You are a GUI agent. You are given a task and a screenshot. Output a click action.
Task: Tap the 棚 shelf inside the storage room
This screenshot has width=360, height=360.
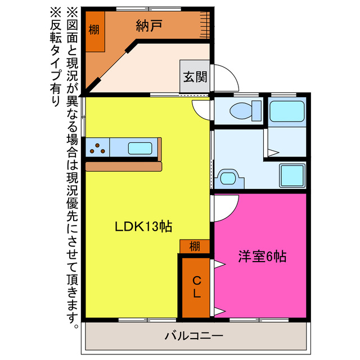(x=94, y=30)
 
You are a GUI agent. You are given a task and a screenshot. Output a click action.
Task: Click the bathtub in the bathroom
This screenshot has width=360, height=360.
(x=287, y=111)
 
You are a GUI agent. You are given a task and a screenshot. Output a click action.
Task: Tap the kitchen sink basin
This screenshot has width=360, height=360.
(x=139, y=148)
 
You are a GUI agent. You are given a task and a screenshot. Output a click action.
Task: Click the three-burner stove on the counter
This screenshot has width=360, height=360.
(x=98, y=148)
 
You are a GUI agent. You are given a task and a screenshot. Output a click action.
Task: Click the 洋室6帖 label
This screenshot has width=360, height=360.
(x=262, y=257)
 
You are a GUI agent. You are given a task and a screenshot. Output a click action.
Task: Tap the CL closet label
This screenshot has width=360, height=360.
(x=196, y=287)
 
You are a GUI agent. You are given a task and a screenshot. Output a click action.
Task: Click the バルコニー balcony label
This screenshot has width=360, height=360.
(x=194, y=336)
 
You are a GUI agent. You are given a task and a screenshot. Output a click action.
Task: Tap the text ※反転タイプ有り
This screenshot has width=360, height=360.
(x=57, y=56)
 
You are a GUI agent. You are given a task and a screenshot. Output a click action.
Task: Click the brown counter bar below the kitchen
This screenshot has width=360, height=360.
(x=124, y=166)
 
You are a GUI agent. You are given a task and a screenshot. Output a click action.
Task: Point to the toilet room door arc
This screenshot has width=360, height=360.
(x=201, y=109)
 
